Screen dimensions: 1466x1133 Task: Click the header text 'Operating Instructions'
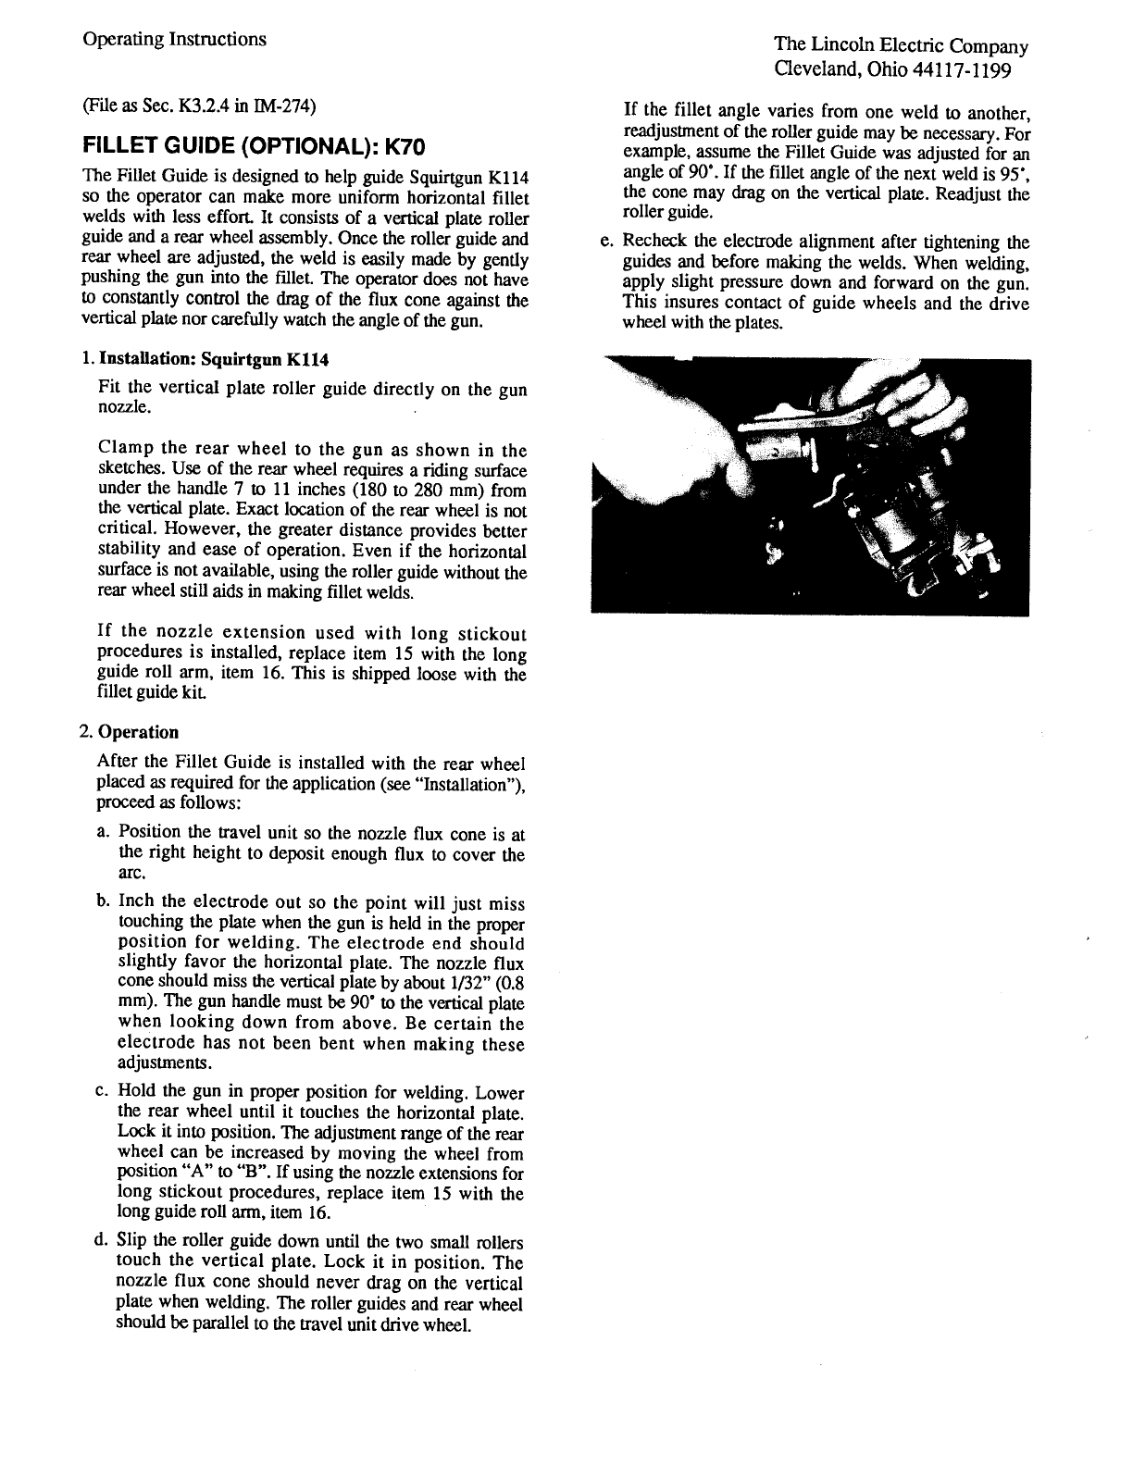[x=174, y=39]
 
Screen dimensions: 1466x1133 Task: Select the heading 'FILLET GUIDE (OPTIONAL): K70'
[x=253, y=147]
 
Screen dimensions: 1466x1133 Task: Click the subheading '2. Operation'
[x=129, y=732]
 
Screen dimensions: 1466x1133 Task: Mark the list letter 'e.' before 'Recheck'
[x=606, y=243]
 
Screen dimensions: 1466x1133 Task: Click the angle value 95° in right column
[x=1017, y=174]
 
